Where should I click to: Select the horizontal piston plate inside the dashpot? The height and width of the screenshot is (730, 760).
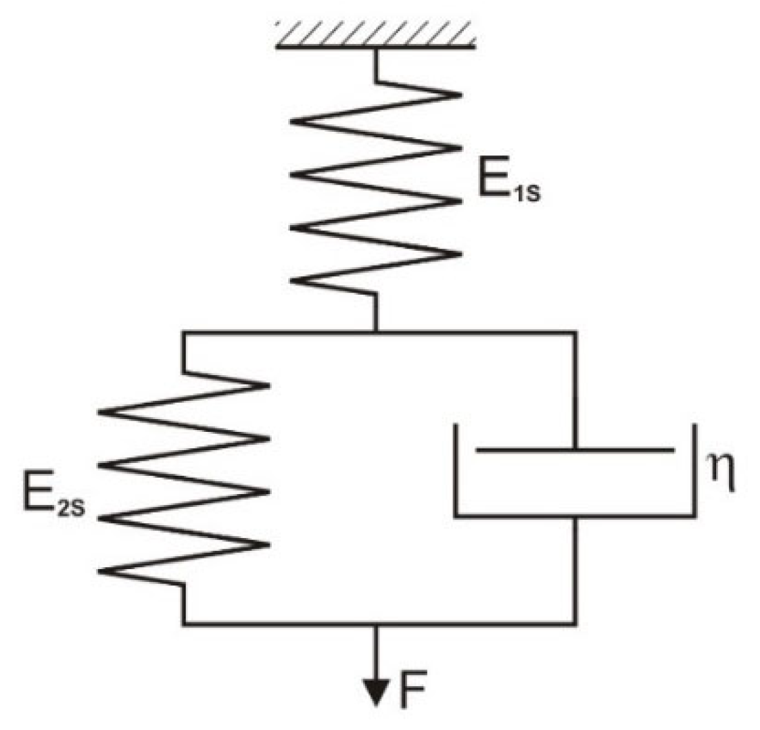pos(575,449)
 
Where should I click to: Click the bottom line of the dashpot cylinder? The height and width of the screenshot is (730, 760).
pos(575,516)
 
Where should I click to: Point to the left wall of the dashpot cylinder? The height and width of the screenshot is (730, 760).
pos(456,470)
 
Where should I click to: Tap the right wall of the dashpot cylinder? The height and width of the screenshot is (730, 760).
pos(694,470)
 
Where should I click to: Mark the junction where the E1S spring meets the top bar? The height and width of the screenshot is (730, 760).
pos(376,332)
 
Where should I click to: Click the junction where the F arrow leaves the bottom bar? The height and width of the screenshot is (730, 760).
pos(376,623)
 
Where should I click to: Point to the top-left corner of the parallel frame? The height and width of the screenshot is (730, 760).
pos(183,332)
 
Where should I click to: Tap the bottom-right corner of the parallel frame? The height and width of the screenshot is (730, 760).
pos(575,623)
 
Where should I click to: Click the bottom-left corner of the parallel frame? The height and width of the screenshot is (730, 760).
pos(183,623)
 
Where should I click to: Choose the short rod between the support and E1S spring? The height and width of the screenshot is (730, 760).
pos(376,64)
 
